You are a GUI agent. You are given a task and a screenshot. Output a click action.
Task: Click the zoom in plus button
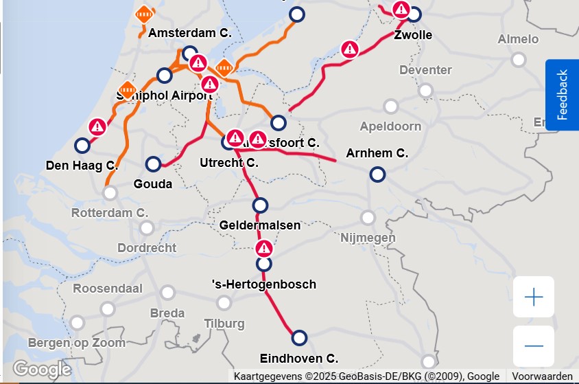533,297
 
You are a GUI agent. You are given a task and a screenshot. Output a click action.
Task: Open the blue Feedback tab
562,94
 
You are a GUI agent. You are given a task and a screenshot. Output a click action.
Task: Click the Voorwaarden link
542,376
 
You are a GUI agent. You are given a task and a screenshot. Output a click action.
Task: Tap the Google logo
42,370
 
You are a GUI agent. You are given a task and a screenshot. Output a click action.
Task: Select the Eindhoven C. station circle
299,338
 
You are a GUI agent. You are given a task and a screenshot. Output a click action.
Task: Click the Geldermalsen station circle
260,205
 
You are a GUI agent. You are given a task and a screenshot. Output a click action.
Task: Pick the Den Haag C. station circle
82,146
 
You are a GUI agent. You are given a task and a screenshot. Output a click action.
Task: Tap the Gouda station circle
154,164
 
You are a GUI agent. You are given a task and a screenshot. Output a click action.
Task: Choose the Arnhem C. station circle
377,174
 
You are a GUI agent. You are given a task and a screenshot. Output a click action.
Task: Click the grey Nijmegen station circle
368,218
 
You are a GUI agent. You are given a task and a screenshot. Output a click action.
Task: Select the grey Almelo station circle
519,60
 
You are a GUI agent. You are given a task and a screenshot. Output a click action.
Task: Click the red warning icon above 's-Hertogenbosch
264,248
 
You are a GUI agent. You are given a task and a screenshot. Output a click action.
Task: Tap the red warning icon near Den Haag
97,126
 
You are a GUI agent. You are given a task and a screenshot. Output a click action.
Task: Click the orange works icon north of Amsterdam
144,13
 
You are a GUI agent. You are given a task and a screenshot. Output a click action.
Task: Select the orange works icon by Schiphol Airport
128,89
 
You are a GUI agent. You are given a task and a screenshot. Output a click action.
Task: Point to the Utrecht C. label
228,163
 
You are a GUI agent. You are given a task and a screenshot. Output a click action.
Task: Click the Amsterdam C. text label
190,33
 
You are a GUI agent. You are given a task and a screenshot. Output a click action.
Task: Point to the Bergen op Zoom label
77,342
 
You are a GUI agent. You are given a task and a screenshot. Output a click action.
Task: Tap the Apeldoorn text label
390,126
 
